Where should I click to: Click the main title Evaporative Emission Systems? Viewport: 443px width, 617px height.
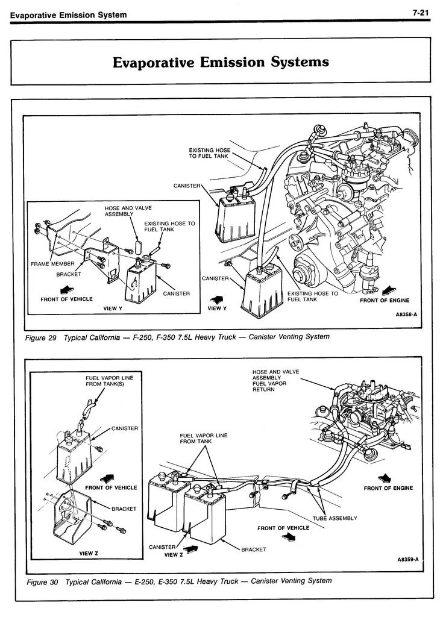click(x=221, y=62)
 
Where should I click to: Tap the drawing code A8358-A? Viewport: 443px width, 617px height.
click(x=407, y=315)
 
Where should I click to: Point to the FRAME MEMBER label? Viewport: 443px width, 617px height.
click(x=53, y=264)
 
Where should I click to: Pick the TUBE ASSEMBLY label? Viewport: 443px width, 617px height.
click(x=335, y=518)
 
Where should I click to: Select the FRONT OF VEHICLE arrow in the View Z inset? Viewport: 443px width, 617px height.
click(x=108, y=477)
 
